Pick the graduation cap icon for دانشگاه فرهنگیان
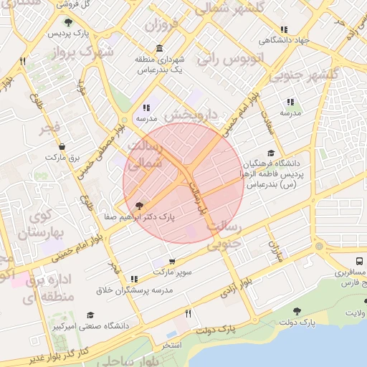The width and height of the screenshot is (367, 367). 270,153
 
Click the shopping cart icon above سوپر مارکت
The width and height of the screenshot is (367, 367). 171,262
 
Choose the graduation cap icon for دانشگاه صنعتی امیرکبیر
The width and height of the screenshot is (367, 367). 90,315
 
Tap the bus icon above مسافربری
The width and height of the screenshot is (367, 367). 359,261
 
